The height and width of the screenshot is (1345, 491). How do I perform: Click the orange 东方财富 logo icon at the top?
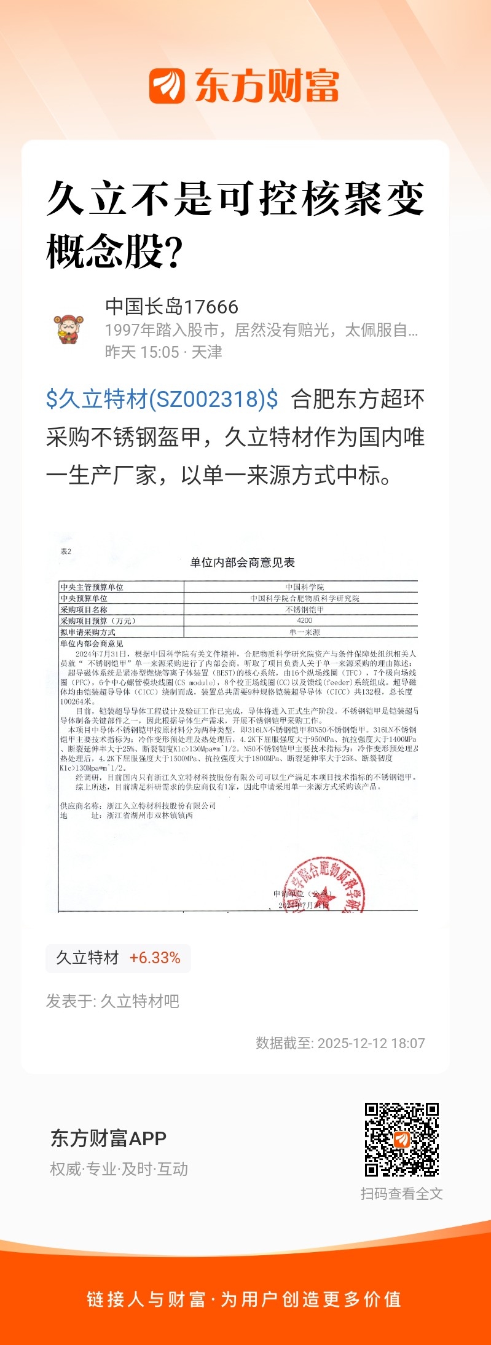click(x=167, y=85)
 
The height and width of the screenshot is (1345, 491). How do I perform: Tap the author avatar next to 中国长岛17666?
click(x=69, y=329)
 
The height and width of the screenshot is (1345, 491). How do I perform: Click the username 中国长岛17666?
click(x=171, y=306)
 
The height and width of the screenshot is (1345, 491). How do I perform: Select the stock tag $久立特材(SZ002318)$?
click(x=162, y=399)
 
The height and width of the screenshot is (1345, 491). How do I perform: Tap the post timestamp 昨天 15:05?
click(x=142, y=352)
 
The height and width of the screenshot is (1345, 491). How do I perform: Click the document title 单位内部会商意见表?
click(x=242, y=562)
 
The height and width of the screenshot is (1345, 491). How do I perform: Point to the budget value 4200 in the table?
click(x=304, y=620)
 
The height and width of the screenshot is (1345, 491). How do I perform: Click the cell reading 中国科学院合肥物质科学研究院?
click(x=304, y=598)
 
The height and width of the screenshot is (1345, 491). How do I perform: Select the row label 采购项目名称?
click(x=84, y=609)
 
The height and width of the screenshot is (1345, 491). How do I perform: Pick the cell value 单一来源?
click(x=304, y=632)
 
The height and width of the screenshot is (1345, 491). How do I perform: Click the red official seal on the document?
click(x=326, y=885)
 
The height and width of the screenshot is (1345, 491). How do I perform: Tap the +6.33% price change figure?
click(x=155, y=958)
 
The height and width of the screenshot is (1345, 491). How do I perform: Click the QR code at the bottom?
click(x=402, y=1139)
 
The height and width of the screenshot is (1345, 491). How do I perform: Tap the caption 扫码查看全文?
click(x=401, y=1193)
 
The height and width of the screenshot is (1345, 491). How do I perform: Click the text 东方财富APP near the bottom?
click(x=108, y=1138)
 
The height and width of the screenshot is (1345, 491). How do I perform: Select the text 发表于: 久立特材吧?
click(x=112, y=1001)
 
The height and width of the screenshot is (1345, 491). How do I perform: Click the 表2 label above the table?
click(x=66, y=551)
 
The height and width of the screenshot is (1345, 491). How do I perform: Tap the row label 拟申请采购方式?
click(x=88, y=632)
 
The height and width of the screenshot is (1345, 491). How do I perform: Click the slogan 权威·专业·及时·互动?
click(x=119, y=1169)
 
